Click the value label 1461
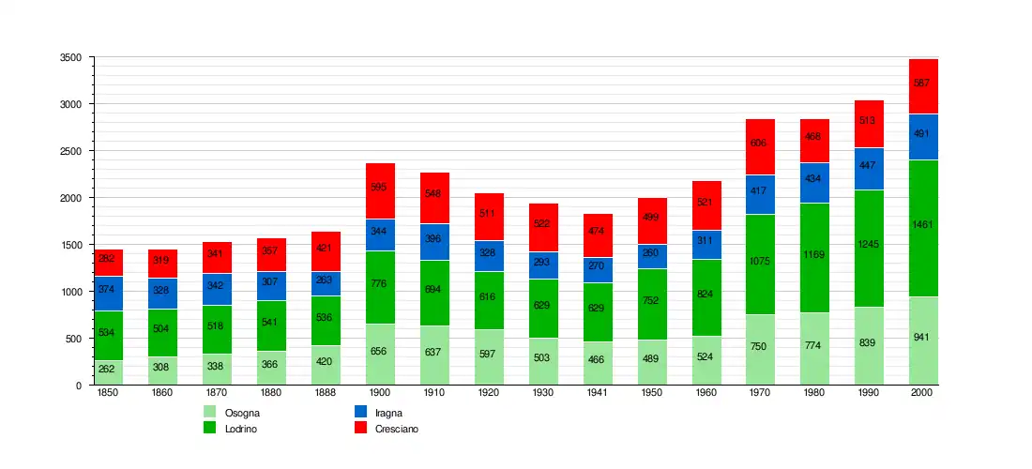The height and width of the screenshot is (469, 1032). pos(923,225)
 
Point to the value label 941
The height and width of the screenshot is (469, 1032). pos(923,338)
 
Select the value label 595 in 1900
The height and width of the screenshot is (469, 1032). pos(380,188)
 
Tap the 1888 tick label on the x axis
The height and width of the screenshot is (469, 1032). pos(326,393)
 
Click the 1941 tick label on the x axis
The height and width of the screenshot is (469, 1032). pos(597,393)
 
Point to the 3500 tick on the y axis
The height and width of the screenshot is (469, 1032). pos(77,57)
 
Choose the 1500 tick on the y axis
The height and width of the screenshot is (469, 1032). pos(77,245)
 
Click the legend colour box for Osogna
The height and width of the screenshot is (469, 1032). pos(210,412)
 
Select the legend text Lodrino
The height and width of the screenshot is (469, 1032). pos(242,429)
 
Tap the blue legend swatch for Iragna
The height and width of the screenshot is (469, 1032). pos(360,412)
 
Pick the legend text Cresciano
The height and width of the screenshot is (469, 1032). pos(397,429)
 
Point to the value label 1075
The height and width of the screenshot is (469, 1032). pos(760,262)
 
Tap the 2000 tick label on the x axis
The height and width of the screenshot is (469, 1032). pos(923,393)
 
